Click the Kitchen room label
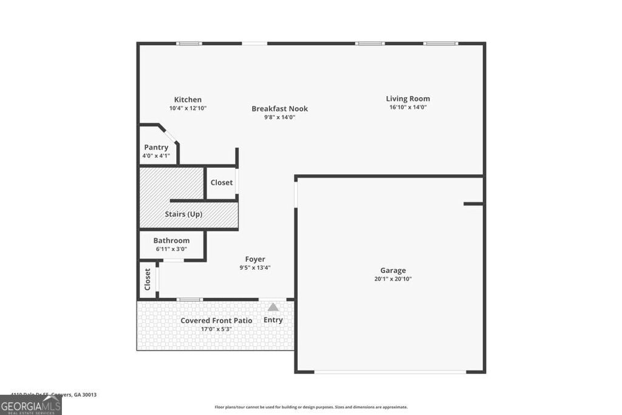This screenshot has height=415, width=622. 188,100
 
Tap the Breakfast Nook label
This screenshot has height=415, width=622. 279,109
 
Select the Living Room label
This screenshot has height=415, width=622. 408,98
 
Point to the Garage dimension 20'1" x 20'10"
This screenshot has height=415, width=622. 393,279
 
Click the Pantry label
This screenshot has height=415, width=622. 156,147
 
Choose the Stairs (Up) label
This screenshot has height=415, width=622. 183,214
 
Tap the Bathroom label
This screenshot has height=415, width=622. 171,240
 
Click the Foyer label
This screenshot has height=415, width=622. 255,259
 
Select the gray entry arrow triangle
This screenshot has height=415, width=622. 273,307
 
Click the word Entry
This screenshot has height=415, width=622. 273,320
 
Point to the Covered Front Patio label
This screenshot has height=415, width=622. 216,320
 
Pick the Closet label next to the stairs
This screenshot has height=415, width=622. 222,182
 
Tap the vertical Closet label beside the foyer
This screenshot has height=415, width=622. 147,280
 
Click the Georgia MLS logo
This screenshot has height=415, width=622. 30,405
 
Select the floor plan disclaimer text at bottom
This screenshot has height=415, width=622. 311,407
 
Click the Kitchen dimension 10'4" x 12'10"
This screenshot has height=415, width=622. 188,108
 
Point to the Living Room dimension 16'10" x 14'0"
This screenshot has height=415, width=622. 408,107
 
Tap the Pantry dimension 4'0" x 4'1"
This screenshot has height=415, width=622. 156,156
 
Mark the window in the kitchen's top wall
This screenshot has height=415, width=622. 189,43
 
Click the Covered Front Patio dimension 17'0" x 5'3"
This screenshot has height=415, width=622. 216,329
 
